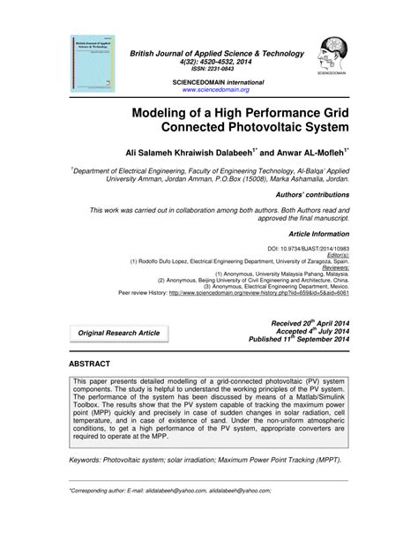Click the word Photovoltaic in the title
(x=244, y=127)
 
